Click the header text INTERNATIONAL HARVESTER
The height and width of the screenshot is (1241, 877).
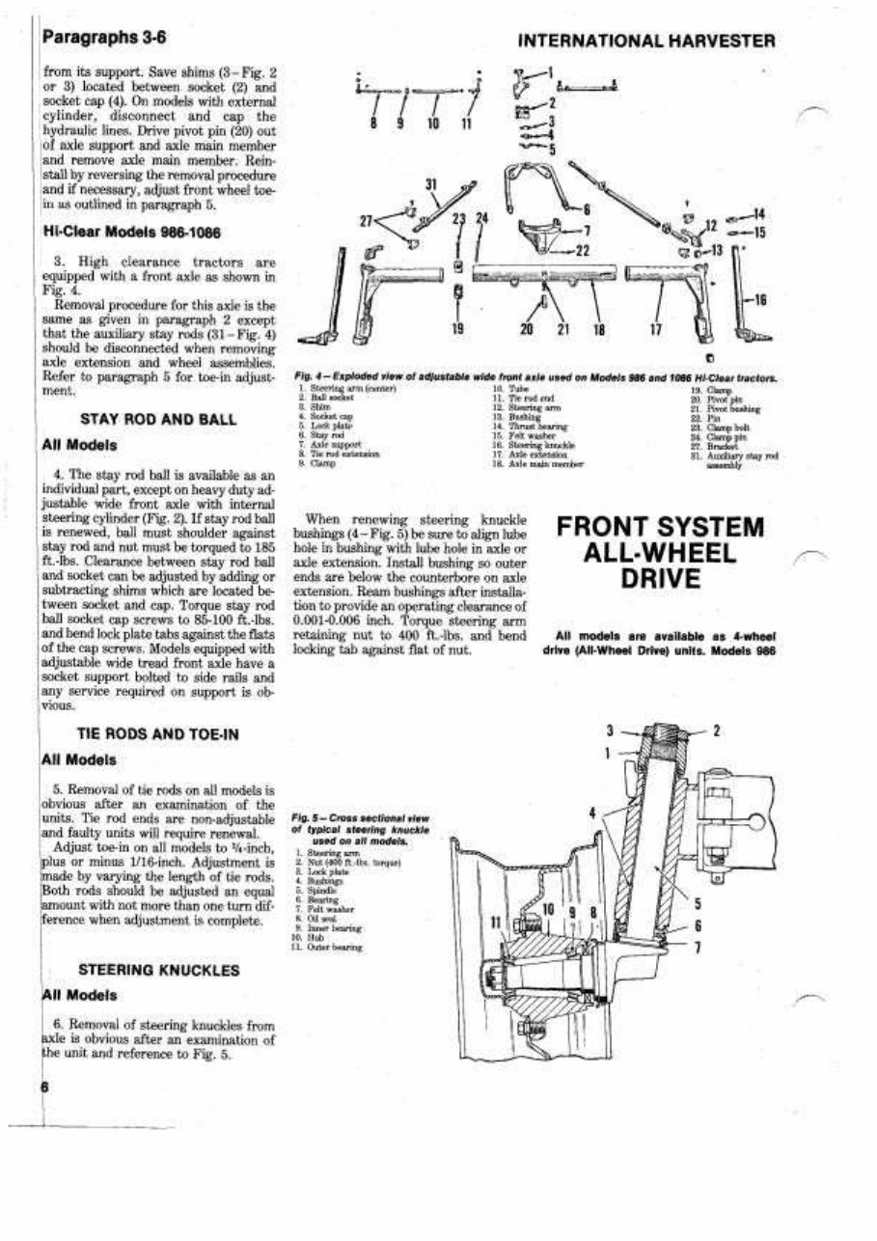coord(646,41)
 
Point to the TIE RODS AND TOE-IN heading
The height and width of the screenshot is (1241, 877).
coord(159,734)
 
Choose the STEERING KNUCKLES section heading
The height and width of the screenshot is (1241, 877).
coord(159,969)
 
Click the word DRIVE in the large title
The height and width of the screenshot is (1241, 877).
coord(661,580)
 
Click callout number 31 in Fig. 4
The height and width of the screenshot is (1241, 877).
coord(432,186)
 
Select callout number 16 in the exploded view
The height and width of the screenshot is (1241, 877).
coord(759,300)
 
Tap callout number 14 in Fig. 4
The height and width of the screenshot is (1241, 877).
coord(759,212)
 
